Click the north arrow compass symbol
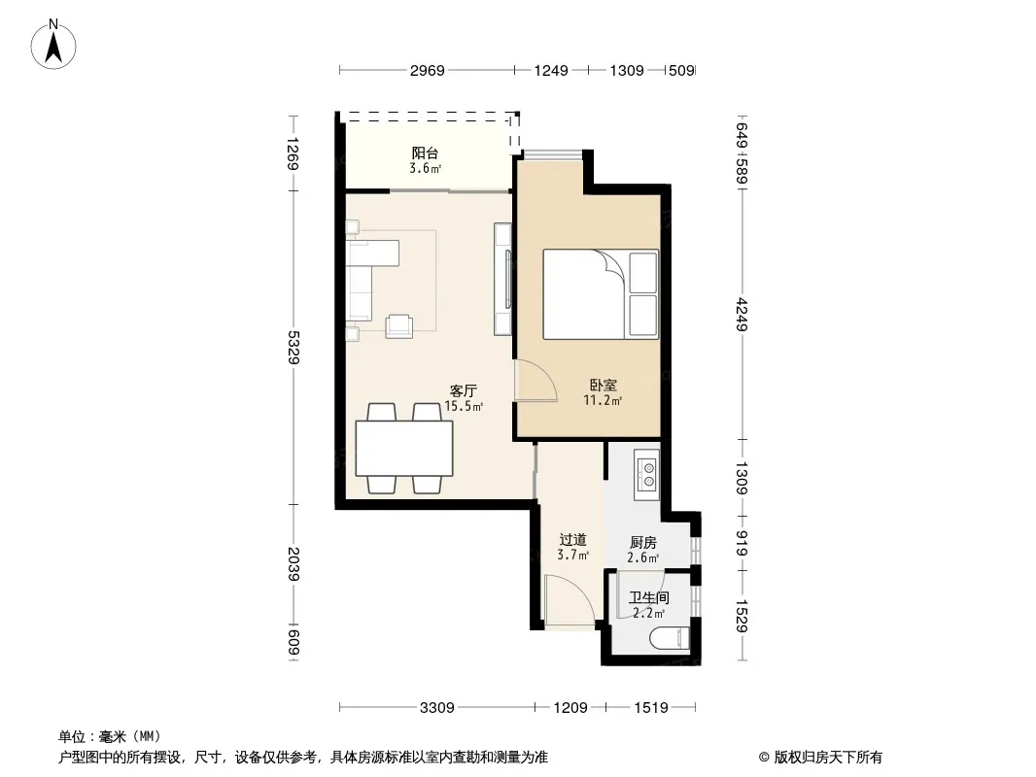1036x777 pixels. (x=53, y=45)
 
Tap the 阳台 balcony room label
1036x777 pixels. (x=425, y=153)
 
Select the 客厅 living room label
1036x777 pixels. (x=464, y=390)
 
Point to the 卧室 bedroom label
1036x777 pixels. (x=603, y=385)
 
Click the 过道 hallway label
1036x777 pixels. (x=572, y=540)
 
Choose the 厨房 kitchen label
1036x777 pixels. (x=642, y=543)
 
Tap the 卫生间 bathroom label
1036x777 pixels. (x=649, y=598)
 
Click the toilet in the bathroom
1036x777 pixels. (x=670, y=638)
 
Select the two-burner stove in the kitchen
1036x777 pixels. (x=647, y=475)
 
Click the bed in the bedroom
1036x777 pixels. (x=601, y=294)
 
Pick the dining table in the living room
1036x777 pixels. (x=404, y=449)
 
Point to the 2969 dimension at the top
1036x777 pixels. (x=427, y=70)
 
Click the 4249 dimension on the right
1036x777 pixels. (x=742, y=315)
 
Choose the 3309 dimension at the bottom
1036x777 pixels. (x=436, y=708)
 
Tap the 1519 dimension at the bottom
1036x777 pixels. (x=651, y=708)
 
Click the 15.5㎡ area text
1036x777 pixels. (x=464, y=406)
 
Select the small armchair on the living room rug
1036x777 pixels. (x=399, y=326)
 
